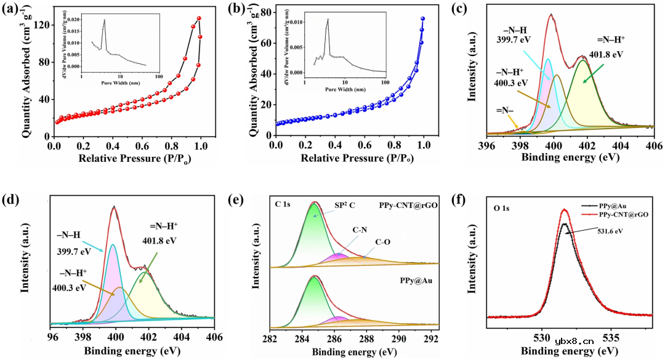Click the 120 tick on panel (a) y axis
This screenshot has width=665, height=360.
[42, 25]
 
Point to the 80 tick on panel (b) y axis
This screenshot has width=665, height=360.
[267, 12]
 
